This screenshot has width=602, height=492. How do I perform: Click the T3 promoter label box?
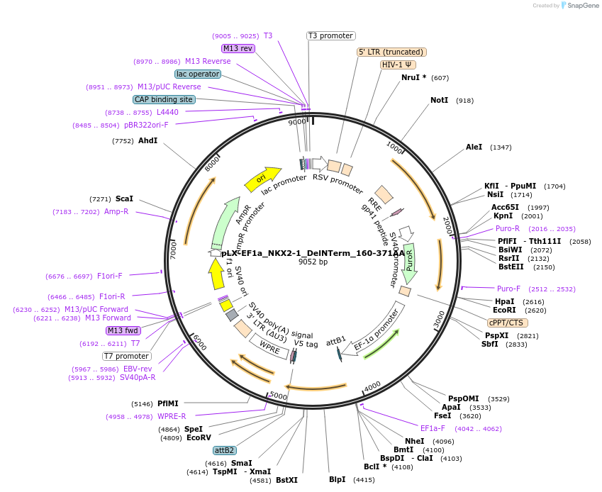331,35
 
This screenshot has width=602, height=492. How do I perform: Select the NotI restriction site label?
440,101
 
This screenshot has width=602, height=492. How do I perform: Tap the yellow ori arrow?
262,179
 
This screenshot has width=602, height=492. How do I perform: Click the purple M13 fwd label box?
123,330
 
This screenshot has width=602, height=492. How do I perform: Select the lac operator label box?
197,74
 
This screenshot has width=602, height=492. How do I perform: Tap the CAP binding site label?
164,99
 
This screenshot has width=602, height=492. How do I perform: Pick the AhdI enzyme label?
147,141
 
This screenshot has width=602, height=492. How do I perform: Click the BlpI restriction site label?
337,479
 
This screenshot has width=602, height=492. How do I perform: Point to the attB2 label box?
225,450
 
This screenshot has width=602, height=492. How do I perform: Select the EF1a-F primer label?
433,428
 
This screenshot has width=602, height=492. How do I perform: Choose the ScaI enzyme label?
124,199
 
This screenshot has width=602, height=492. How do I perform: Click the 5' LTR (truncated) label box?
391,52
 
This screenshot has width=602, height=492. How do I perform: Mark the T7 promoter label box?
127,356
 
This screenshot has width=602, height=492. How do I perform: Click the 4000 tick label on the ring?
372,385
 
